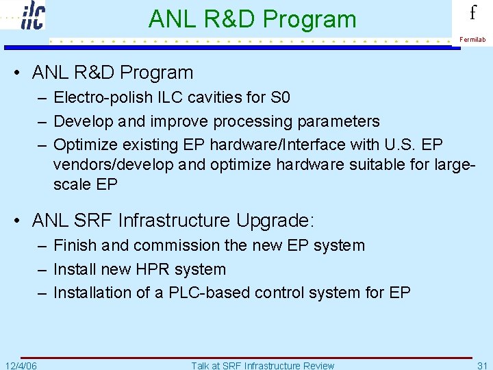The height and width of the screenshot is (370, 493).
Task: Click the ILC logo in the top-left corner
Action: pos(32,15)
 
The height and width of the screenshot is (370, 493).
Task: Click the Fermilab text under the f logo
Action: pos(472,40)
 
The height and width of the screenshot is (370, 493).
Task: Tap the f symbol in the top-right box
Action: pos(472,14)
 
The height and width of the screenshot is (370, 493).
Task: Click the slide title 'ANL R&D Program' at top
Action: pos(252,19)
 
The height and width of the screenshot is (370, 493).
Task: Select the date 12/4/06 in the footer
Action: pos(21,365)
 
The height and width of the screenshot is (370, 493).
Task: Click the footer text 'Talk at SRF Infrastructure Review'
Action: pos(263,365)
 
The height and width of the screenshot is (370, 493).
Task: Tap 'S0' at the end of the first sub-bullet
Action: pos(280,98)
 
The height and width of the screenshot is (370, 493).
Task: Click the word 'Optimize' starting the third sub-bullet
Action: pos(81,145)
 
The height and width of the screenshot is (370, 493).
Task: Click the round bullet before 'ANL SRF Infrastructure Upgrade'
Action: pos(19,221)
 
